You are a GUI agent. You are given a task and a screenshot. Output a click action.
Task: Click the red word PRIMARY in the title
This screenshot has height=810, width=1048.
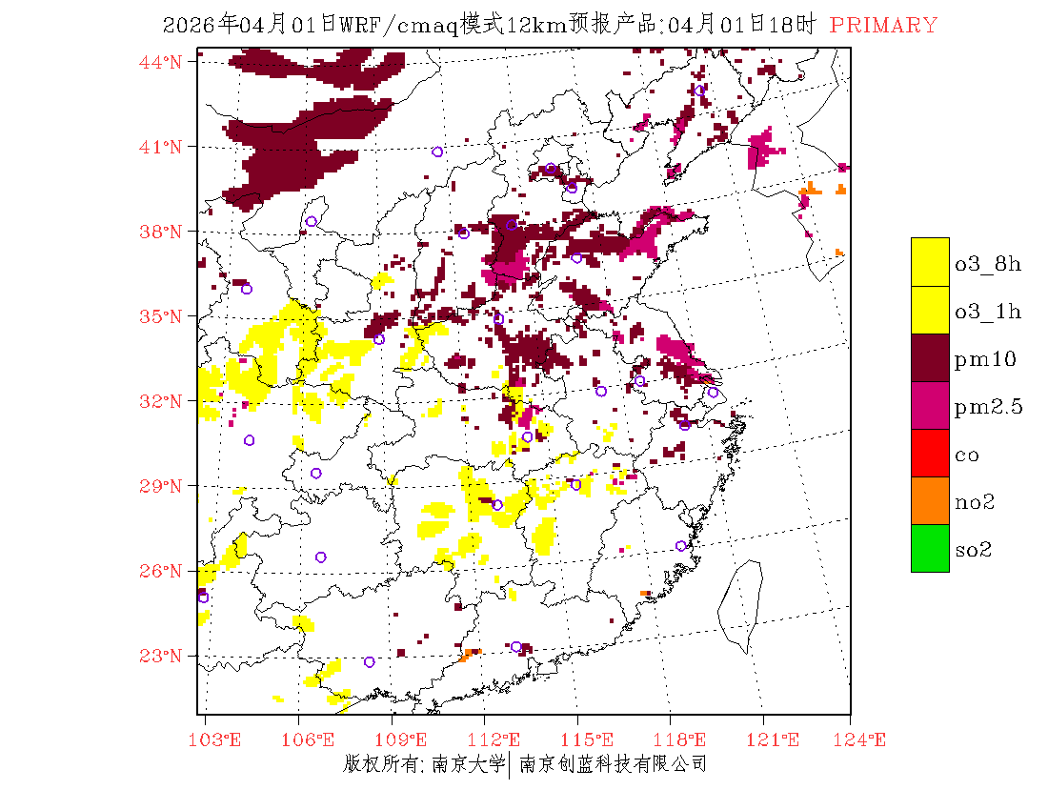pos(883,26)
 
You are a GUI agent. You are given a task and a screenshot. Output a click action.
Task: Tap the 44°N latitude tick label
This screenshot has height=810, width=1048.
pos(161,62)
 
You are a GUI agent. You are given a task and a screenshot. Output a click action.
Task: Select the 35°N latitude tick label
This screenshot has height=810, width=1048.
pos(161,316)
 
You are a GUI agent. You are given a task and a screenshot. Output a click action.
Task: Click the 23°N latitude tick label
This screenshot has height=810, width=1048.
pos(161,656)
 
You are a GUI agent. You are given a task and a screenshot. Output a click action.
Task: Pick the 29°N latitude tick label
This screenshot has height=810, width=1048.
pos(161,486)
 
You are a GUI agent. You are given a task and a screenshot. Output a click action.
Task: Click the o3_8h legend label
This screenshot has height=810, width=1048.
pos(988,264)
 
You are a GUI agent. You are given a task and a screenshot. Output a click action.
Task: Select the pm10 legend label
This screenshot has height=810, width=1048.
pos(985,359)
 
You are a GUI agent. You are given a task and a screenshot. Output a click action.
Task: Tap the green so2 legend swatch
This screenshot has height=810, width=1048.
pos(930,548)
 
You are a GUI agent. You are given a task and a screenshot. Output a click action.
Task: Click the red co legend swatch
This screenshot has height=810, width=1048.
pos(930,453)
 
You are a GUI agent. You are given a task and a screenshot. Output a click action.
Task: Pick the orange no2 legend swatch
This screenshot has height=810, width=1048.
pos(930,500)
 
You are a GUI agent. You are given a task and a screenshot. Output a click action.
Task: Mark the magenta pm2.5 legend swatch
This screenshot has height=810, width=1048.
pos(930,405)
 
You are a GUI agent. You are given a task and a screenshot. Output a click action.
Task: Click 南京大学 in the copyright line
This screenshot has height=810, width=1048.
pos(468,764)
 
